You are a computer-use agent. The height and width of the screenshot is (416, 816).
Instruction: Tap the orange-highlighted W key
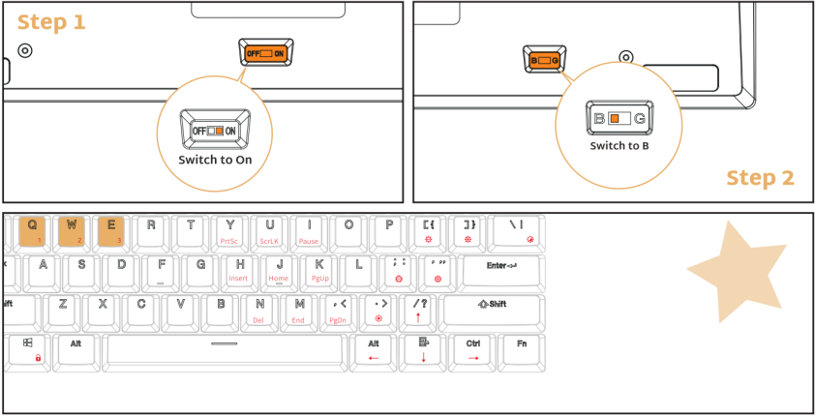tap(72, 230)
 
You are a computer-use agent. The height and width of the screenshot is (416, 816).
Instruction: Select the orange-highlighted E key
tap(111, 230)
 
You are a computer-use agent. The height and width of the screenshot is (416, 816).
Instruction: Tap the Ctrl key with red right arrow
tap(473, 349)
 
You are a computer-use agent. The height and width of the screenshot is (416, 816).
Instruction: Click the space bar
tap(224, 349)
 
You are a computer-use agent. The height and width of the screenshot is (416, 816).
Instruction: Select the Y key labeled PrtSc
tap(229, 230)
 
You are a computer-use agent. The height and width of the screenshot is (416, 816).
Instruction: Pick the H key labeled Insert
tap(239, 270)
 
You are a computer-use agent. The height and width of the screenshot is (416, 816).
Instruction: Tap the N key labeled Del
tap(259, 310)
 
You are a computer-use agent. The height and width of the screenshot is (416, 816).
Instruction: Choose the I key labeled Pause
tap(309, 230)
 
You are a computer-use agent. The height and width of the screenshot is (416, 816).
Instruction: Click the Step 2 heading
tap(760, 178)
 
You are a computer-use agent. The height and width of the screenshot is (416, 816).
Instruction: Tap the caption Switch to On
tap(215, 159)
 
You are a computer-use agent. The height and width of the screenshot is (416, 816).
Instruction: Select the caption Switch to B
tap(620, 146)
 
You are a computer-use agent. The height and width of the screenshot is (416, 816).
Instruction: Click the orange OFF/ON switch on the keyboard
tap(264, 53)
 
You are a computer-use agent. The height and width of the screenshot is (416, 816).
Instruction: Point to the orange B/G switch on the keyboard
tap(545, 60)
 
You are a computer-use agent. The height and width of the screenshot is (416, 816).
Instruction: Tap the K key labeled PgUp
tap(318, 270)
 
